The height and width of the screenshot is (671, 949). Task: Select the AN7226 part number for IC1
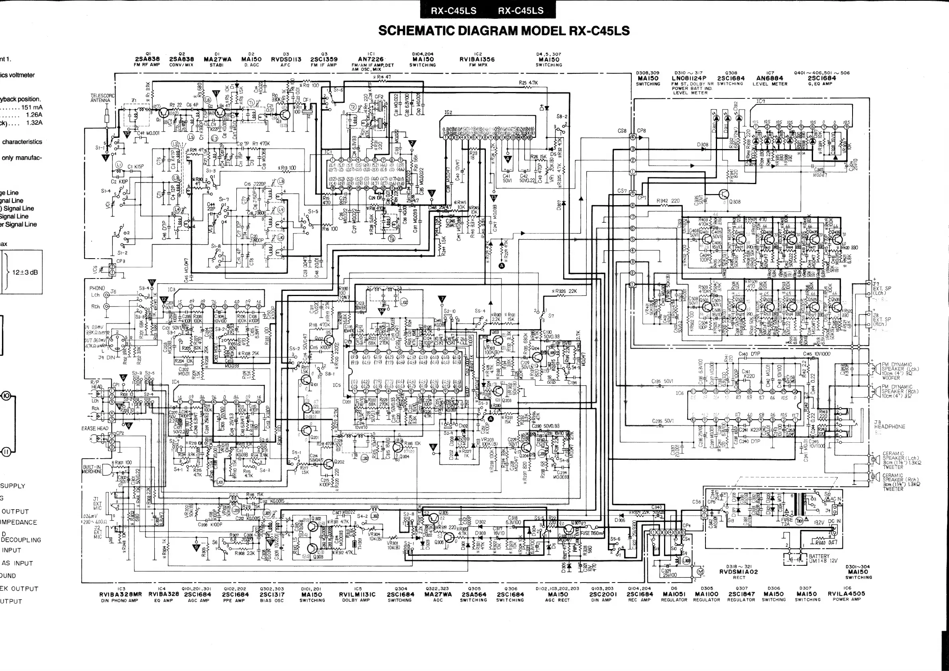click(x=370, y=59)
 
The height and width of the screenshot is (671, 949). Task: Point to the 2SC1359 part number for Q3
click(x=324, y=59)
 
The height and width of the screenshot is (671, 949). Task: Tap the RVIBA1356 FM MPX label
click(x=477, y=59)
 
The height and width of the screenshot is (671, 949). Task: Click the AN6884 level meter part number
click(x=770, y=78)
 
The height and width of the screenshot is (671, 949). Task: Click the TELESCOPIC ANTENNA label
click(x=100, y=98)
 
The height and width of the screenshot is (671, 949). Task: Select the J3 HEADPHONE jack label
click(x=889, y=424)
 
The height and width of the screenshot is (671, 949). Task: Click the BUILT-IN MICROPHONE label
click(x=92, y=469)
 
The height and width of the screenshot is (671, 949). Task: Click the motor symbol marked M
click(x=700, y=571)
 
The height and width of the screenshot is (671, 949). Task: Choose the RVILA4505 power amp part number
click(x=846, y=594)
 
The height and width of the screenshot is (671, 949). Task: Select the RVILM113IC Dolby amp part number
click(x=358, y=594)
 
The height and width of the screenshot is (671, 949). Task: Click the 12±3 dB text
click(x=25, y=272)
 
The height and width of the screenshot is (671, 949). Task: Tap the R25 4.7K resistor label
click(x=528, y=82)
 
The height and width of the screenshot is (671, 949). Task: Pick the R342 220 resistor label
click(x=668, y=201)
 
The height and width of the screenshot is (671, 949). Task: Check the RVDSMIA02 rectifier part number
click(x=739, y=572)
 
